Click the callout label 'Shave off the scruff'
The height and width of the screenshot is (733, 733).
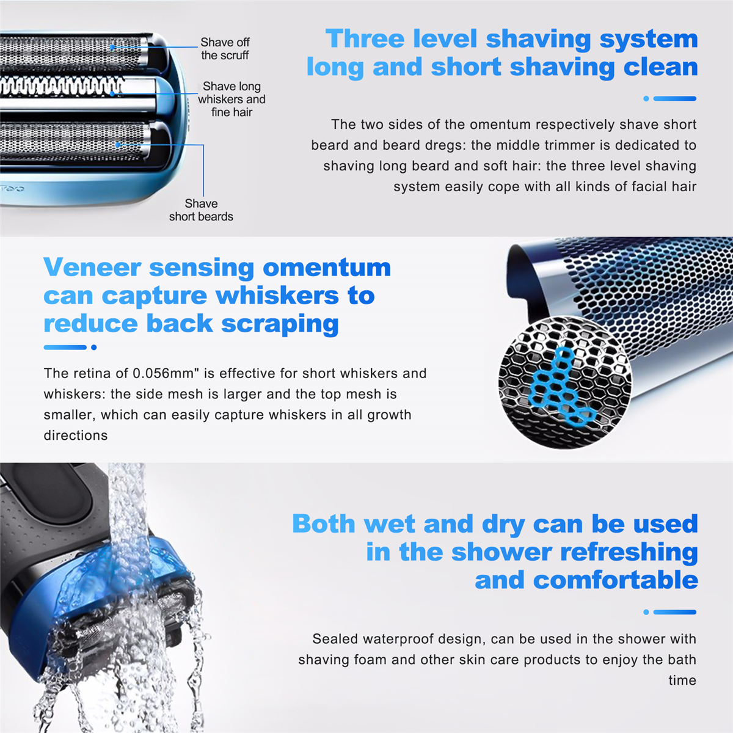(x=225, y=49)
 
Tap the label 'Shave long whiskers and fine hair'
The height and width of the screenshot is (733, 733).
(x=232, y=100)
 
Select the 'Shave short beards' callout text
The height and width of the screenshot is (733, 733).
(x=201, y=210)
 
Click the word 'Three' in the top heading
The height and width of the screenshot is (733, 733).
(x=365, y=39)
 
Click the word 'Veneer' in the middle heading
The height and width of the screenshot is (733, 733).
(x=92, y=268)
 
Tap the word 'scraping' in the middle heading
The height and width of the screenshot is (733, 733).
(x=280, y=324)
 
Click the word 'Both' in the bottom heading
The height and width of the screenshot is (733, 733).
(x=323, y=523)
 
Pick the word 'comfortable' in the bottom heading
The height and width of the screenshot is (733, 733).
(x=616, y=580)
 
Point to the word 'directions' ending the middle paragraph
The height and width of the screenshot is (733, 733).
(x=76, y=435)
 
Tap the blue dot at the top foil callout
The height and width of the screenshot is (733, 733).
(x=112, y=47)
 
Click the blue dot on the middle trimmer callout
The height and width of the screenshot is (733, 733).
(x=112, y=93)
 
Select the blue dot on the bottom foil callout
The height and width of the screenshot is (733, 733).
(x=118, y=145)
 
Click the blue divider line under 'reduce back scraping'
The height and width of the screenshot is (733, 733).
(x=65, y=348)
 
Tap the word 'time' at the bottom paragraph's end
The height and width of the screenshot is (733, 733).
(x=682, y=680)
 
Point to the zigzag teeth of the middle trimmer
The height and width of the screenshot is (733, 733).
(x=61, y=86)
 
